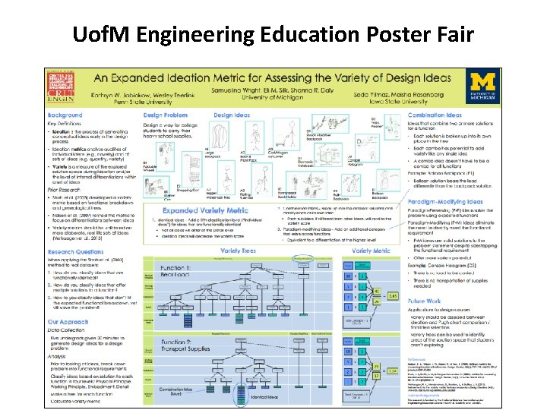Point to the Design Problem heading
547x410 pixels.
165,115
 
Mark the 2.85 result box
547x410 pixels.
393,295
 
